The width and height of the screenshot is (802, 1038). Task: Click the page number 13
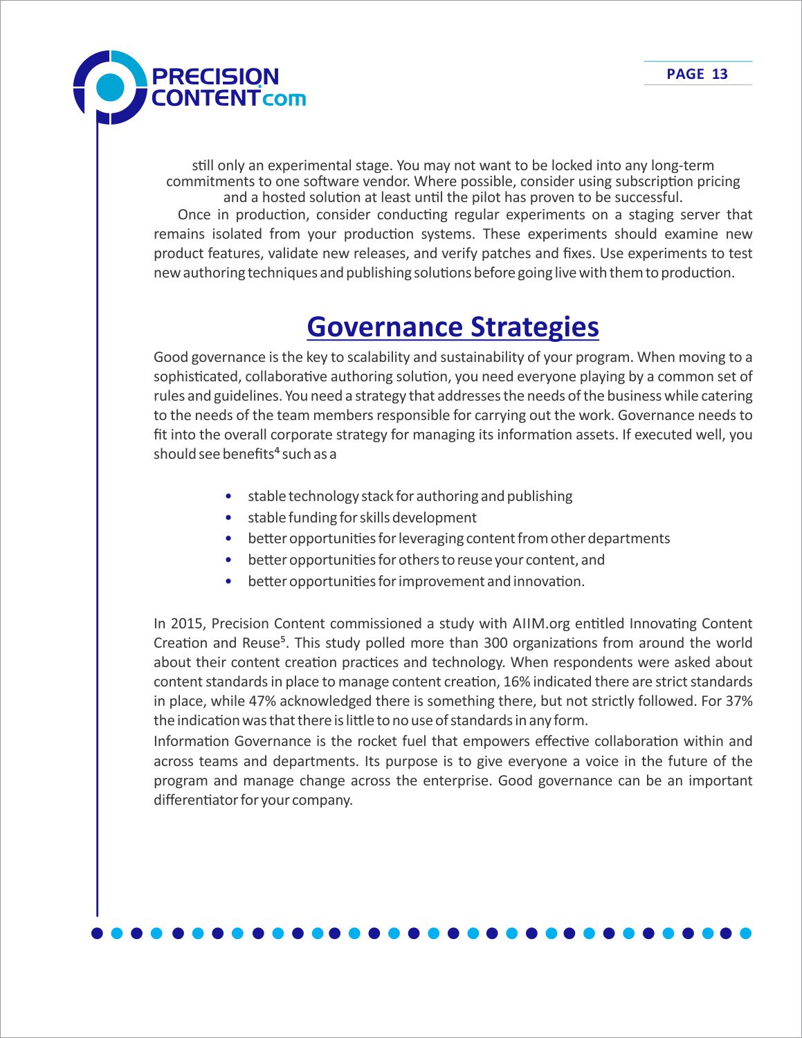(720, 74)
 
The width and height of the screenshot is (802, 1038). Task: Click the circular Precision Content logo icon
(109, 87)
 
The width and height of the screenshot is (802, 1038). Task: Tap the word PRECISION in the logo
(215, 76)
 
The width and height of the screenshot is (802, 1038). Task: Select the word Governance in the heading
(385, 327)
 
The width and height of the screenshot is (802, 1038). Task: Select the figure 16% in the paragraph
(516, 682)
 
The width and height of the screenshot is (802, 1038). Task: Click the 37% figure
(738, 701)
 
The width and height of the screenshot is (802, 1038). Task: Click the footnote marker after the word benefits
(276, 450)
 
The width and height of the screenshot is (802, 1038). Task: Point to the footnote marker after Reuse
(283, 639)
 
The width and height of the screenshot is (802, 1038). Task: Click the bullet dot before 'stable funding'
(228, 518)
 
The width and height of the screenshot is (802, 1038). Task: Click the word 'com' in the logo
(284, 98)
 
